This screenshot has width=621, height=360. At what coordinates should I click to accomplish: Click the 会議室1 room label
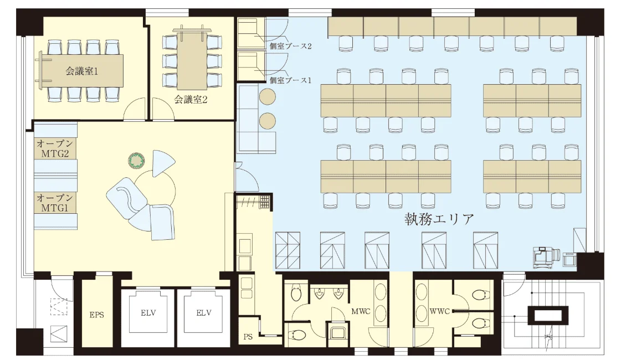pos(81,71)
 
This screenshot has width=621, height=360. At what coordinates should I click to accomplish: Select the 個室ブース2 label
pos(290,46)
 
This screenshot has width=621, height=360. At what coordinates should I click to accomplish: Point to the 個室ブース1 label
pos(290,80)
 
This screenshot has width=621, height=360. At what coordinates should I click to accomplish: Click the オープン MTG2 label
pos(54,148)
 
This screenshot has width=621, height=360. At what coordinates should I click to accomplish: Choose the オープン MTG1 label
pos(54,203)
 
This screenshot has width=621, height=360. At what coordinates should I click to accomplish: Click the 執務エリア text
pos(439,219)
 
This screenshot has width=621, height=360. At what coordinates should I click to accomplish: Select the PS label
pos(248,336)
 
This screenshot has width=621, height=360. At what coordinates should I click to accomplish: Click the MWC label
pos(361,311)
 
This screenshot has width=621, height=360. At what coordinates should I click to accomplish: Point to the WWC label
pos(439,311)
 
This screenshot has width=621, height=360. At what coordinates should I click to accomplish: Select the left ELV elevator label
pos(148,312)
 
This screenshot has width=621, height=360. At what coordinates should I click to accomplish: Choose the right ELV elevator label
pos(204,312)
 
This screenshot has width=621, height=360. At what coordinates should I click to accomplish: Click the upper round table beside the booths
pos(268,97)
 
